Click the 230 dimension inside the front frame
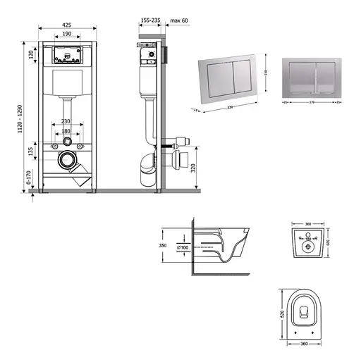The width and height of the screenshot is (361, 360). [x=66, y=120]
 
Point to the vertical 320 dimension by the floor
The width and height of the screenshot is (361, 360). [x=193, y=168]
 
